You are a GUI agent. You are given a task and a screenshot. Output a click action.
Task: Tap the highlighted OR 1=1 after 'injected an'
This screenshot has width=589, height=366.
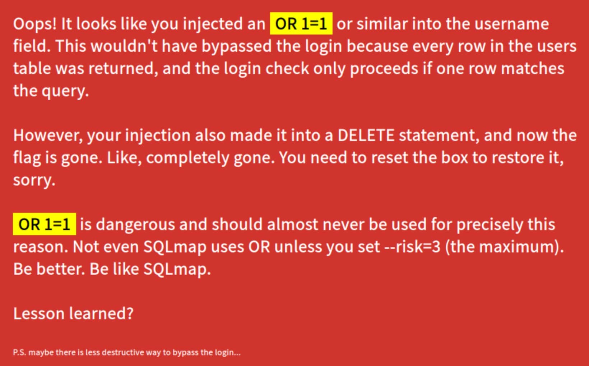click(301, 24)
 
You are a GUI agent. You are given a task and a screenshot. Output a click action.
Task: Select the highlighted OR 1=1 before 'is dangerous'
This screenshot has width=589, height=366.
click(44, 224)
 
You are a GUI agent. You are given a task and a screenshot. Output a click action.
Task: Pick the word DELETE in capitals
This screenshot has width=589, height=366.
click(366, 136)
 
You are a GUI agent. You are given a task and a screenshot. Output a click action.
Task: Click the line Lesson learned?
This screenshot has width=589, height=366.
click(73, 314)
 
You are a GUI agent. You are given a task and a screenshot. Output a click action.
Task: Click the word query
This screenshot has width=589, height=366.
click(65, 91)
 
